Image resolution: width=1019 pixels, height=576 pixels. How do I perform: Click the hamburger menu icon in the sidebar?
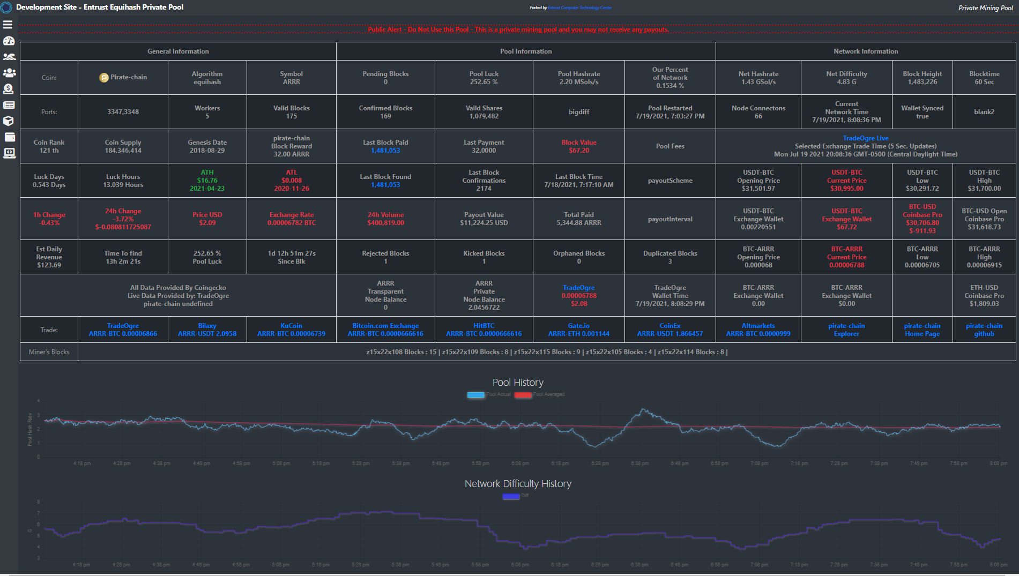pyautogui.click(x=8, y=25)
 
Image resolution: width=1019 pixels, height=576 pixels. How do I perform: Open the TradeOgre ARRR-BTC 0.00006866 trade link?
pyautogui.click(x=123, y=330)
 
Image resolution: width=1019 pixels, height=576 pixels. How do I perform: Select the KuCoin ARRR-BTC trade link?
pyautogui.click(x=291, y=330)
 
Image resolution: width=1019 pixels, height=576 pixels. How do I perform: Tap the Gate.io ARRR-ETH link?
pyautogui.click(x=578, y=330)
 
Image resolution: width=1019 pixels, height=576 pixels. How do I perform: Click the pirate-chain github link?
pyautogui.click(x=984, y=330)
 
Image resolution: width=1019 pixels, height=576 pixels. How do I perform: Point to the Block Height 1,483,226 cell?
pyautogui.click(x=922, y=78)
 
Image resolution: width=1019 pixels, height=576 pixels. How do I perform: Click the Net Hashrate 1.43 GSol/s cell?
pyautogui.click(x=758, y=78)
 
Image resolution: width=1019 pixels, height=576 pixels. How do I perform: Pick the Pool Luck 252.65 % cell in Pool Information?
pyautogui.click(x=484, y=78)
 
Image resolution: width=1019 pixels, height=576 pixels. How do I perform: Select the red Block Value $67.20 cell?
pyautogui.click(x=578, y=146)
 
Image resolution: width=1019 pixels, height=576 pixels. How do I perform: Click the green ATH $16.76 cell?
pyautogui.click(x=207, y=181)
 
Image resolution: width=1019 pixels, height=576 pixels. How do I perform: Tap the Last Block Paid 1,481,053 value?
pyautogui.click(x=385, y=151)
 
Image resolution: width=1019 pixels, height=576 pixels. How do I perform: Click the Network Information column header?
pyautogui.click(x=865, y=51)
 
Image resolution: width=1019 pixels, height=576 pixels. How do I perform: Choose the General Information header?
pyautogui.click(x=178, y=51)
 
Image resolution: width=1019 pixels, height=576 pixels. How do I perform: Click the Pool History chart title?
pyautogui.click(x=518, y=383)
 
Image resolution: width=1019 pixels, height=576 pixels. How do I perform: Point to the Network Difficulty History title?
pyautogui.click(x=518, y=484)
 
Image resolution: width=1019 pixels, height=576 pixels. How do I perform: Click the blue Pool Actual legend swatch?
pyautogui.click(x=475, y=395)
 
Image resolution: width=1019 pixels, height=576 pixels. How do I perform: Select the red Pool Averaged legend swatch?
pyautogui.click(x=523, y=395)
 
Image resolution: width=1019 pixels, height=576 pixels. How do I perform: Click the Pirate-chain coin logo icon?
pyautogui.click(x=104, y=78)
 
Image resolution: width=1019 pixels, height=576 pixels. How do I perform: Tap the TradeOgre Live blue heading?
pyautogui.click(x=865, y=138)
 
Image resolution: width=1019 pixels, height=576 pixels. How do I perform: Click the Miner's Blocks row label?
pyautogui.click(x=49, y=352)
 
